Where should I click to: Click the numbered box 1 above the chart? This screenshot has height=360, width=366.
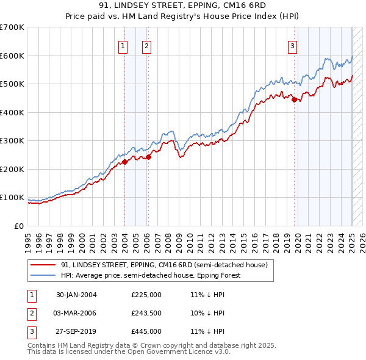[x=123, y=45]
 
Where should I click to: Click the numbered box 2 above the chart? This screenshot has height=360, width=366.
[x=147, y=45]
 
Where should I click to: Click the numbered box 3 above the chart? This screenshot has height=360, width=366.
[x=293, y=45]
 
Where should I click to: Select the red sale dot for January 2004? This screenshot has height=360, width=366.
[x=124, y=162]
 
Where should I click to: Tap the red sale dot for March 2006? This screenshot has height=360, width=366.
[x=148, y=157]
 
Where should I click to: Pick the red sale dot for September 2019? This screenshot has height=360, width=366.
[x=294, y=100]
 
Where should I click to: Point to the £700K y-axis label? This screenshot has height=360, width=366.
[x=12, y=27]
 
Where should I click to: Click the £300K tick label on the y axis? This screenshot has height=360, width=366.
[x=12, y=141]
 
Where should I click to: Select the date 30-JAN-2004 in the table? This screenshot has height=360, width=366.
[x=76, y=295]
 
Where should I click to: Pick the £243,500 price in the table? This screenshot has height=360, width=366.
[x=146, y=313]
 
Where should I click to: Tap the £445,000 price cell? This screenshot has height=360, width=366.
[x=146, y=331]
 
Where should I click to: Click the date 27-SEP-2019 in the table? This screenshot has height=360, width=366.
[x=76, y=331]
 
